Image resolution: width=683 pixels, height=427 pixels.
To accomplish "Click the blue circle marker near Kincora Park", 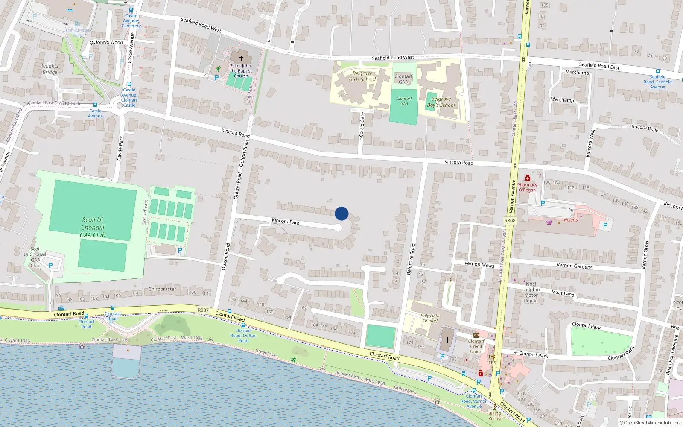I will click(341, 213).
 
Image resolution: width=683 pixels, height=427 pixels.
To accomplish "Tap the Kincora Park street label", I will click(286, 221).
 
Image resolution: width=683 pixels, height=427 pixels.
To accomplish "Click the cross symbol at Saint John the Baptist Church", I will click(241, 58).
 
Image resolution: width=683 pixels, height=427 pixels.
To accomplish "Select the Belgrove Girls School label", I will click(362, 76).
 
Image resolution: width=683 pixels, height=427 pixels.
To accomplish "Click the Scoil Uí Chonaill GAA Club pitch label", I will click(93, 227).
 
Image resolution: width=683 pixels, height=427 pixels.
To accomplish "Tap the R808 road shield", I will click(510, 221).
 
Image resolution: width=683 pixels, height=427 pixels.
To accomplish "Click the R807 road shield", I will click(203, 310).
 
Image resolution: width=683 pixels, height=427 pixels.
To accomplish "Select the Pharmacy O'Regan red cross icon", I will click(528, 178).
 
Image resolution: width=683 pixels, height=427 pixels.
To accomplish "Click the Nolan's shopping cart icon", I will click(549, 222).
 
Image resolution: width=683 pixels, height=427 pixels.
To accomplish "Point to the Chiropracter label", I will click(162, 289).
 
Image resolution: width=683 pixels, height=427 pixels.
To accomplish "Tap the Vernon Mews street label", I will click(479, 264).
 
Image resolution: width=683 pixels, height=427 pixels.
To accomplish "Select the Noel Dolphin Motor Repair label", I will click(531, 292).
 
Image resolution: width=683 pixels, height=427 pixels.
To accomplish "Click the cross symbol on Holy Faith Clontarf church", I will click(447, 340).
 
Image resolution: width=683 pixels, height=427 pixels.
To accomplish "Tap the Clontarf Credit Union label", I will click(476, 346).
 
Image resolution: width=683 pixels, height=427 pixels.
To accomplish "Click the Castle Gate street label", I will click(362, 124).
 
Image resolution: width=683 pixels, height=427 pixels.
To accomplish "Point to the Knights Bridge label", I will click(50, 69).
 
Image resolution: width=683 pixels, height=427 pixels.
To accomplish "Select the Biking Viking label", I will click(494, 415).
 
